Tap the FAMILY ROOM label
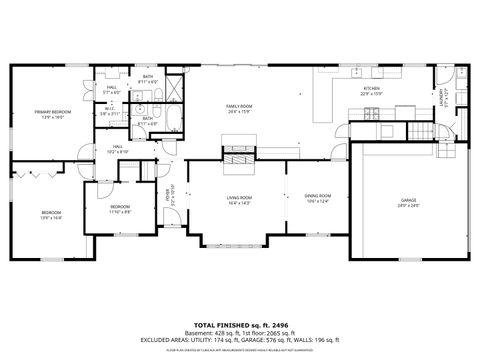click(238, 106)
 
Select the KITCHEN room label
click(371, 89)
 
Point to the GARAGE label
click(408, 200)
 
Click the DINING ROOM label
click(318, 195)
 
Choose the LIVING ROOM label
click(237, 199)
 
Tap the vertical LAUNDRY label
click(443, 97)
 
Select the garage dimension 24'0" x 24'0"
click(408, 206)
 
